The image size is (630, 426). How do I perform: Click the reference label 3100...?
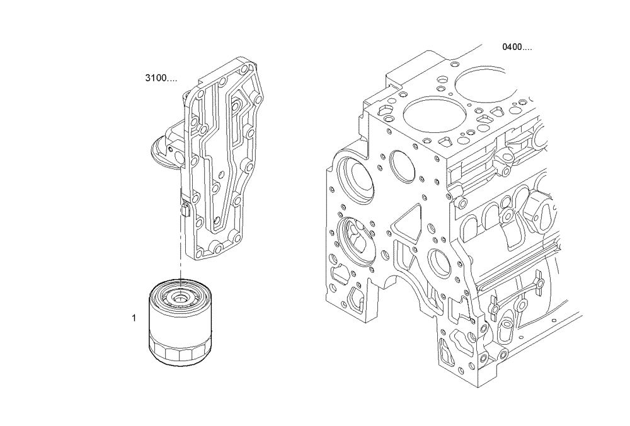tap(161, 78)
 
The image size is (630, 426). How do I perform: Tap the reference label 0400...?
tap(517, 47)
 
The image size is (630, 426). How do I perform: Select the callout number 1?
tap(134, 318)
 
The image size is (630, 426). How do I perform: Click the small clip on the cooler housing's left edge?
tap(185, 209)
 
